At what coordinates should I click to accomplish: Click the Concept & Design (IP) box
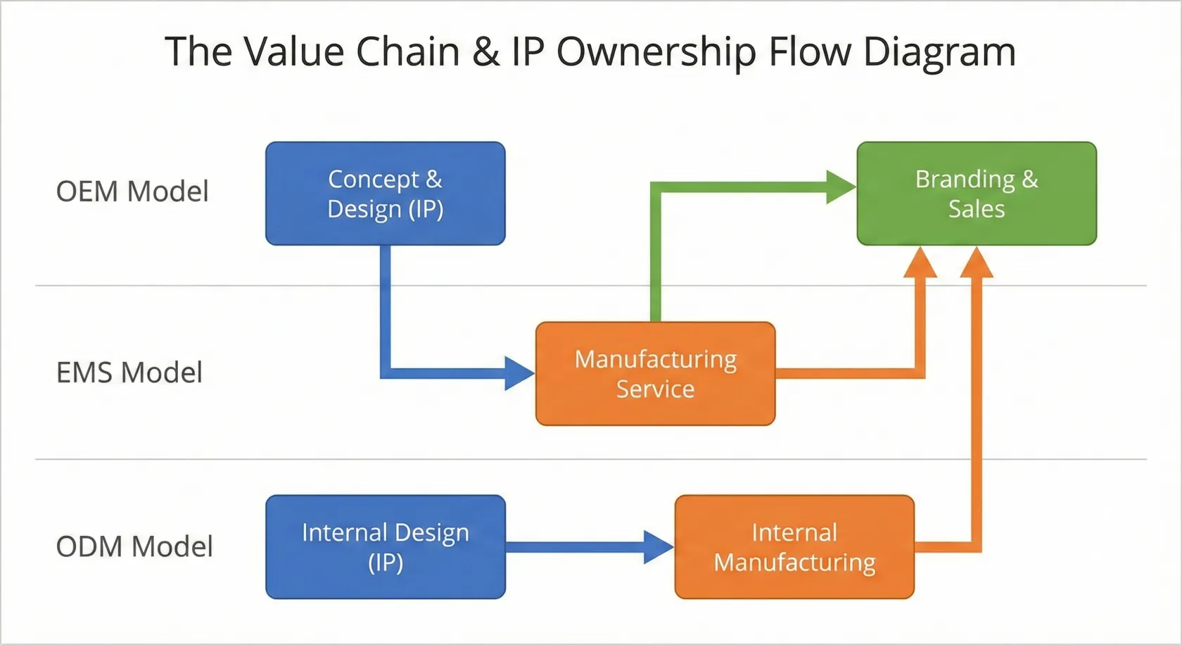click(385, 194)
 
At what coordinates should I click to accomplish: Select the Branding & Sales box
click(976, 194)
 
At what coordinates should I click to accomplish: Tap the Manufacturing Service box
click(655, 374)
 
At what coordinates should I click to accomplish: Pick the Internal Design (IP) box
click(385, 547)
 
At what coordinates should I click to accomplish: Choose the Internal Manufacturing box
click(794, 547)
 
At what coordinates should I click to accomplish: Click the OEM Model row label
click(132, 192)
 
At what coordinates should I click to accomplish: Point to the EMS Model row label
click(129, 372)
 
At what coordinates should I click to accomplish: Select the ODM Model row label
click(134, 546)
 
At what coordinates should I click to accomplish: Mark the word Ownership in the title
click(656, 52)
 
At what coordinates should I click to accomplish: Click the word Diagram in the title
click(939, 52)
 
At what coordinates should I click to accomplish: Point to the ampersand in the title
click(485, 52)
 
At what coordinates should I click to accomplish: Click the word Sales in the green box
click(976, 209)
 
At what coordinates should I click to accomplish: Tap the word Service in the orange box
click(655, 389)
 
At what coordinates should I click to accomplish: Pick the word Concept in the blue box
click(373, 180)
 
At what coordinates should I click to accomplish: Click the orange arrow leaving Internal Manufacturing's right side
click(946, 547)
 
